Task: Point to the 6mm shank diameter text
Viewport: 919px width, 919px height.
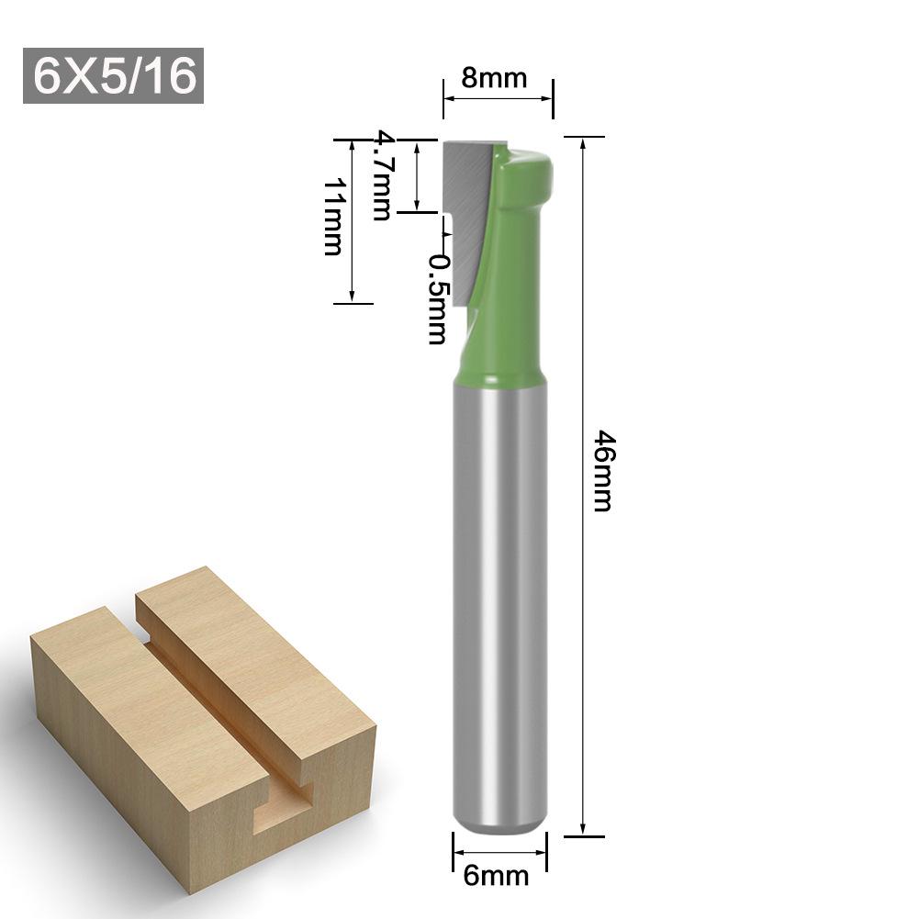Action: [x=496, y=876]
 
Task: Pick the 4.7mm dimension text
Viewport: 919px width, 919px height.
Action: [x=381, y=176]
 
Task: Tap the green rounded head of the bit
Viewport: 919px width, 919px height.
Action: [x=528, y=170]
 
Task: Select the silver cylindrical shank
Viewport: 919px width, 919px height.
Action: [x=500, y=597]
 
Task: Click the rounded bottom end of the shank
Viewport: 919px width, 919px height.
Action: [x=500, y=822]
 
